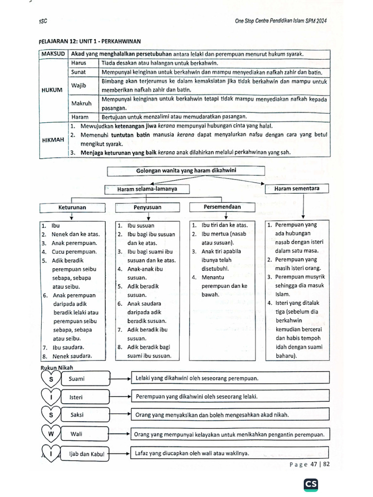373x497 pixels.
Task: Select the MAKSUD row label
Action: coord(53,54)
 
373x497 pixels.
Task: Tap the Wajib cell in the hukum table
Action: coord(79,85)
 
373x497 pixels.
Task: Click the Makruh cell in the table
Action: coord(81,103)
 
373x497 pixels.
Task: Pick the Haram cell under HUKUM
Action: coord(80,117)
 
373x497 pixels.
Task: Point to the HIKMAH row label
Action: coord(51,139)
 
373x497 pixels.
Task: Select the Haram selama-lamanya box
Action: coord(147,188)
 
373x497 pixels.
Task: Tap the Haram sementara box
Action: coord(296,188)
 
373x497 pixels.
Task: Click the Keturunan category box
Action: coord(72,207)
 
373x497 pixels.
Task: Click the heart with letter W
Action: coord(50,433)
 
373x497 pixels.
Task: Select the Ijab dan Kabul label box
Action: coord(85,454)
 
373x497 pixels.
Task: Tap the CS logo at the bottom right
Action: coord(311,484)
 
